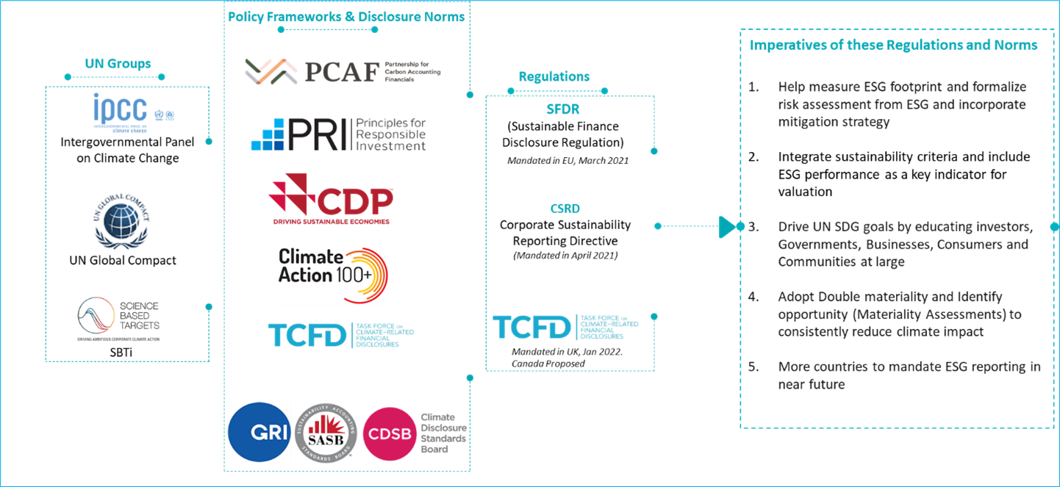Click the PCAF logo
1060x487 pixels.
pos(342,71)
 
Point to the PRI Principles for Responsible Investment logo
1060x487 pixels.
pos(338,134)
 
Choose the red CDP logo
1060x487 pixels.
pos(330,201)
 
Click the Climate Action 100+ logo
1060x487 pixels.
pos(332,275)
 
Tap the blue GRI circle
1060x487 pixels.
pos(259,433)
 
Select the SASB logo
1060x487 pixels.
pos(326,433)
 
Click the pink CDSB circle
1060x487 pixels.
pos(389,433)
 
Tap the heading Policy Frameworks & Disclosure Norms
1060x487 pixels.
pos(346,16)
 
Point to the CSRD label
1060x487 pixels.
pos(565,209)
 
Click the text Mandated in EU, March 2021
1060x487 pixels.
pos(567,160)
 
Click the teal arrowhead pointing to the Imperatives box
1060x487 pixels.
pos(727,226)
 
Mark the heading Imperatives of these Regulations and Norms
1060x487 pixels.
pos(893,46)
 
